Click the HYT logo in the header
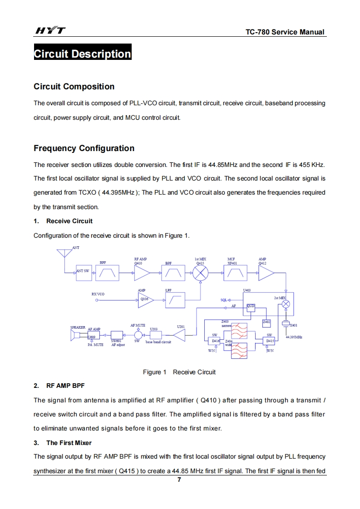[50, 31]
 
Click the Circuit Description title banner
[83, 54]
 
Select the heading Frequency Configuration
[84, 148]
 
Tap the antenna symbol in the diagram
[65, 252]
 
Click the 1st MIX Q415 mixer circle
[200, 273]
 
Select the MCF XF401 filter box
[235, 273]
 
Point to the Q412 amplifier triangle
[266, 273]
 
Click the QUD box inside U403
[251, 306]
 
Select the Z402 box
[267, 323]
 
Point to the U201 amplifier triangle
[180, 336]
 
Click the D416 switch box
[215, 340]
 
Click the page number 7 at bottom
[179, 480]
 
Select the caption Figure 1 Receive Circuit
[179, 372]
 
